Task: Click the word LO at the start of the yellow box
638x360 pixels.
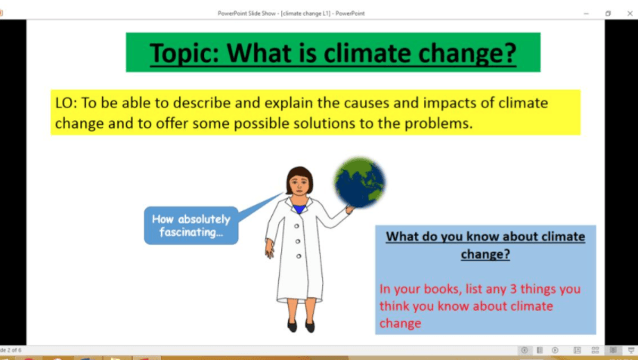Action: [63, 104]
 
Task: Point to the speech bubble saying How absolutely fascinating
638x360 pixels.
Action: [190, 225]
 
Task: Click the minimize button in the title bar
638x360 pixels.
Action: [587, 13]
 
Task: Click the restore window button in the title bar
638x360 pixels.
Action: [608, 13]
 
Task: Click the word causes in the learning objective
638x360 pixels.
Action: [367, 104]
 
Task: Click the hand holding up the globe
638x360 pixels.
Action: [348, 209]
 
